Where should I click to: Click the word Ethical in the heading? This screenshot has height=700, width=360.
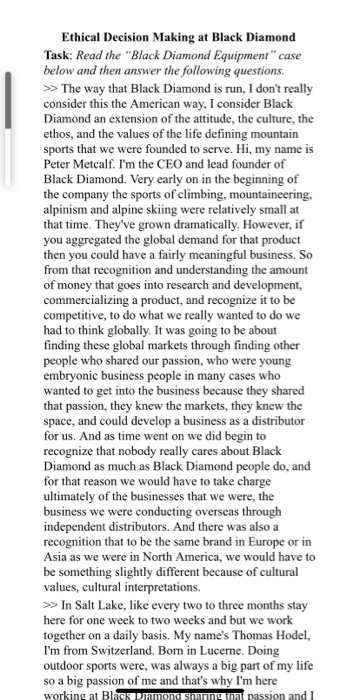pyautogui.click(x=112, y=37)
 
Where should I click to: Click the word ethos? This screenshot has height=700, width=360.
pyautogui.click(x=63, y=160)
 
